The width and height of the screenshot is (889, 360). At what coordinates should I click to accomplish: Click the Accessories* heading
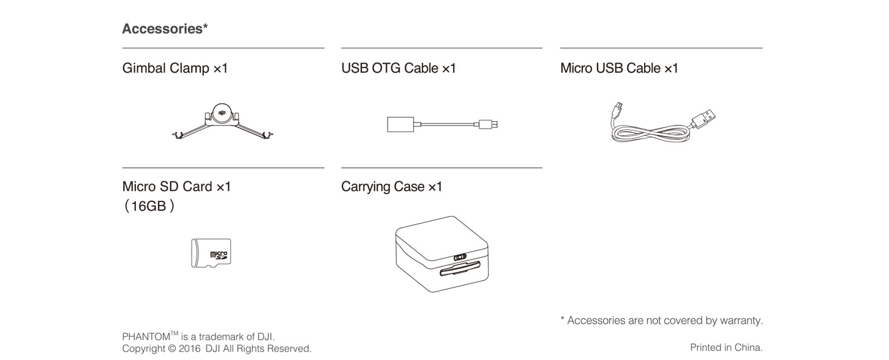(x=165, y=29)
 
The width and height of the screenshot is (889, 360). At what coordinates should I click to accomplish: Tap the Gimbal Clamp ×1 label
(x=174, y=68)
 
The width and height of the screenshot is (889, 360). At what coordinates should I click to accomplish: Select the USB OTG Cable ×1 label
(x=398, y=68)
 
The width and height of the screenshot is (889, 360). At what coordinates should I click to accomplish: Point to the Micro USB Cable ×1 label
(x=619, y=68)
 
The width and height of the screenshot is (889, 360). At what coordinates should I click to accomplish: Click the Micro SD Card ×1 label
(x=176, y=186)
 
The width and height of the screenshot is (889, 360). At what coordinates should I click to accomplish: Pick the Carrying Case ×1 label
(x=391, y=186)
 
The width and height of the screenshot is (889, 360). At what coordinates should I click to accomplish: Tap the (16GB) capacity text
(x=149, y=206)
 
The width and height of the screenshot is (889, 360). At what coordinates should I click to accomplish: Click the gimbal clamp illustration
(x=222, y=122)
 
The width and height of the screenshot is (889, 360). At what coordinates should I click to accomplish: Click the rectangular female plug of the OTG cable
(x=401, y=124)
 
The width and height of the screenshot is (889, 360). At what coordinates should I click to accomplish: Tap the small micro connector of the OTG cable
(x=489, y=124)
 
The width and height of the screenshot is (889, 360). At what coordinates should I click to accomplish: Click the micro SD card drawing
(x=211, y=253)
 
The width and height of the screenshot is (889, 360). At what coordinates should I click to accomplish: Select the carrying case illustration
(x=441, y=253)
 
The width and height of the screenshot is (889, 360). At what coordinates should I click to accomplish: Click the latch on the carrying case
(x=460, y=257)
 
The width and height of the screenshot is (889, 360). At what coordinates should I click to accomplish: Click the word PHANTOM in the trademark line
(x=146, y=337)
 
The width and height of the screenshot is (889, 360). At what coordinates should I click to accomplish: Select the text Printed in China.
(x=726, y=347)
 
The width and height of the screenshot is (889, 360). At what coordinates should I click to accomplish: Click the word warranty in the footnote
(x=742, y=320)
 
